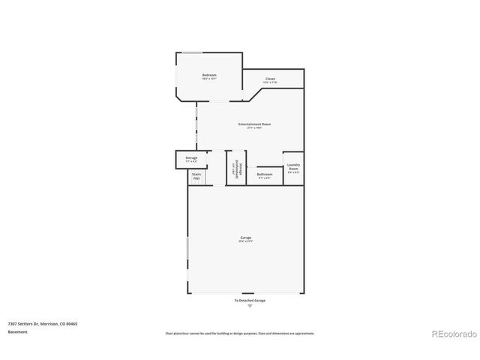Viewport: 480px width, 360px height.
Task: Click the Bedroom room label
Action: pyautogui.click(x=209, y=74)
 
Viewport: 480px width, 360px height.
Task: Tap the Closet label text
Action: pyautogui.click(x=270, y=79)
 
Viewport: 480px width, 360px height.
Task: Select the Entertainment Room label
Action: pyautogui.click(x=254, y=124)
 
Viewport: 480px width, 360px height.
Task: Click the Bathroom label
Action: pyautogui.click(x=265, y=174)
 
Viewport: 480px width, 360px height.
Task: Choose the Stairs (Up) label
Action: pyautogui.click(x=196, y=176)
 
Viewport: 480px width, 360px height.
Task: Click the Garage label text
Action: pyautogui.click(x=246, y=238)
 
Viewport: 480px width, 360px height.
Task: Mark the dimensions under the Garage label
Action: pyautogui.click(x=246, y=242)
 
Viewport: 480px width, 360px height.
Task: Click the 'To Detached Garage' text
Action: pyautogui.click(x=250, y=300)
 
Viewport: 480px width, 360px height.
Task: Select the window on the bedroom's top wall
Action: pyautogui.click(x=192, y=52)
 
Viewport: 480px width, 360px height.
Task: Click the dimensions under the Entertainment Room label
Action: pyautogui.click(x=254, y=128)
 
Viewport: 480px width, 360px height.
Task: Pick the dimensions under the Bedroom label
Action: pyautogui.click(x=209, y=79)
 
